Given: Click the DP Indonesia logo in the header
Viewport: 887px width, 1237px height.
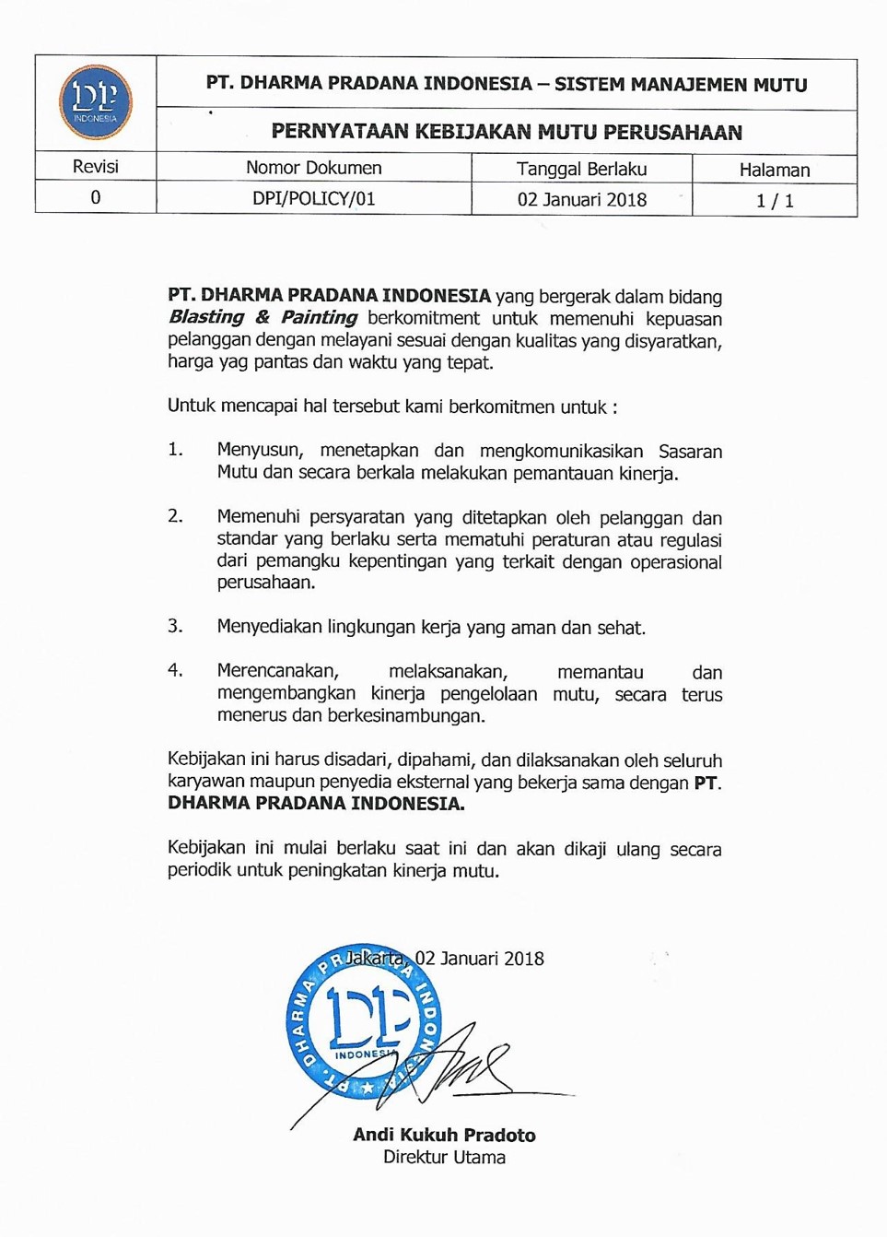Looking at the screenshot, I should pos(95,102).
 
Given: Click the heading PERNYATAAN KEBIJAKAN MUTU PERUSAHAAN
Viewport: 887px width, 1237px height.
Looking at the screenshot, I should pos(506,132).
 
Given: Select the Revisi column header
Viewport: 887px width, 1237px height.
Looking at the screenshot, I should pos(95,167).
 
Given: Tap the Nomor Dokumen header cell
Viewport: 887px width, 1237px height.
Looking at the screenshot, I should pos(313,168).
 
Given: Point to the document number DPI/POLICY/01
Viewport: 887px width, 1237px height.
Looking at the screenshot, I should pos(313,199).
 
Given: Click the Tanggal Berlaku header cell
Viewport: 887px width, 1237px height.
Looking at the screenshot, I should pos(581,169).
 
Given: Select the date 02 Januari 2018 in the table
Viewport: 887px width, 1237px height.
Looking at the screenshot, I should pos(581,200).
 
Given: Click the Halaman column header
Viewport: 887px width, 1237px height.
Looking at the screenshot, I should pos(774,170).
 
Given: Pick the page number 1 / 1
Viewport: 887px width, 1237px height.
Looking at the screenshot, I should pos(774,201).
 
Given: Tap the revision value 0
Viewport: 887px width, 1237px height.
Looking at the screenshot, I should pos(95,198).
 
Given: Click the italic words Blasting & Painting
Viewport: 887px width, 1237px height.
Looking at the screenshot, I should pos(263,317).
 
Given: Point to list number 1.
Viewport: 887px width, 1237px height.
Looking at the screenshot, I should pos(175,450).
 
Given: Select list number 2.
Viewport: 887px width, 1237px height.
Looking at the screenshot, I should pos(175,516).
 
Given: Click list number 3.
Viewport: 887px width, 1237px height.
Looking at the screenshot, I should pos(175,626).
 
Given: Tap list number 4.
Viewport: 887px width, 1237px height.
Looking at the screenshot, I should pos(175,670).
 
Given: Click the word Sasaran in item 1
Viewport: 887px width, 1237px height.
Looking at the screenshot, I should pos(690,452).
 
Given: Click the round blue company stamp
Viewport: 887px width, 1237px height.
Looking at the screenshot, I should pos(363,1021).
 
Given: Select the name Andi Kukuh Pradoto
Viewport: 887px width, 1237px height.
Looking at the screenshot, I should pos(444,1135).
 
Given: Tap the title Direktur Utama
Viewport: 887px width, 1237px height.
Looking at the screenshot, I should pos(444,1157).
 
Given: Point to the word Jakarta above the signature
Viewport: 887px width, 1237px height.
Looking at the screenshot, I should pos(376,959).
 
